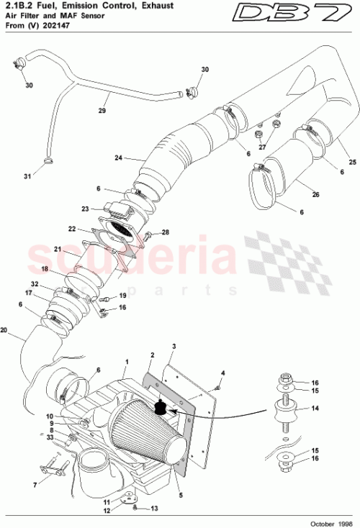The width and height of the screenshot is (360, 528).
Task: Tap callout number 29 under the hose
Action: tap(102, 111)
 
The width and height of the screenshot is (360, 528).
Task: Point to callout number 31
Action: tap(27, 176)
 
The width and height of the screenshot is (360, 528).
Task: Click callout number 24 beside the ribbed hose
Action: tap(118, 158)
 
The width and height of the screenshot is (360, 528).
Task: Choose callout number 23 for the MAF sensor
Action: tap(84, 209)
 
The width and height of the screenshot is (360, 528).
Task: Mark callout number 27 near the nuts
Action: tap(263, 147)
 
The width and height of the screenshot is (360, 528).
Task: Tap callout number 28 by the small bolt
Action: tap(165, 232)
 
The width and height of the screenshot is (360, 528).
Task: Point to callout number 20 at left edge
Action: tap(4, 332)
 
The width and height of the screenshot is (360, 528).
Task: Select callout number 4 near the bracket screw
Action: tap(223, 373)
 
